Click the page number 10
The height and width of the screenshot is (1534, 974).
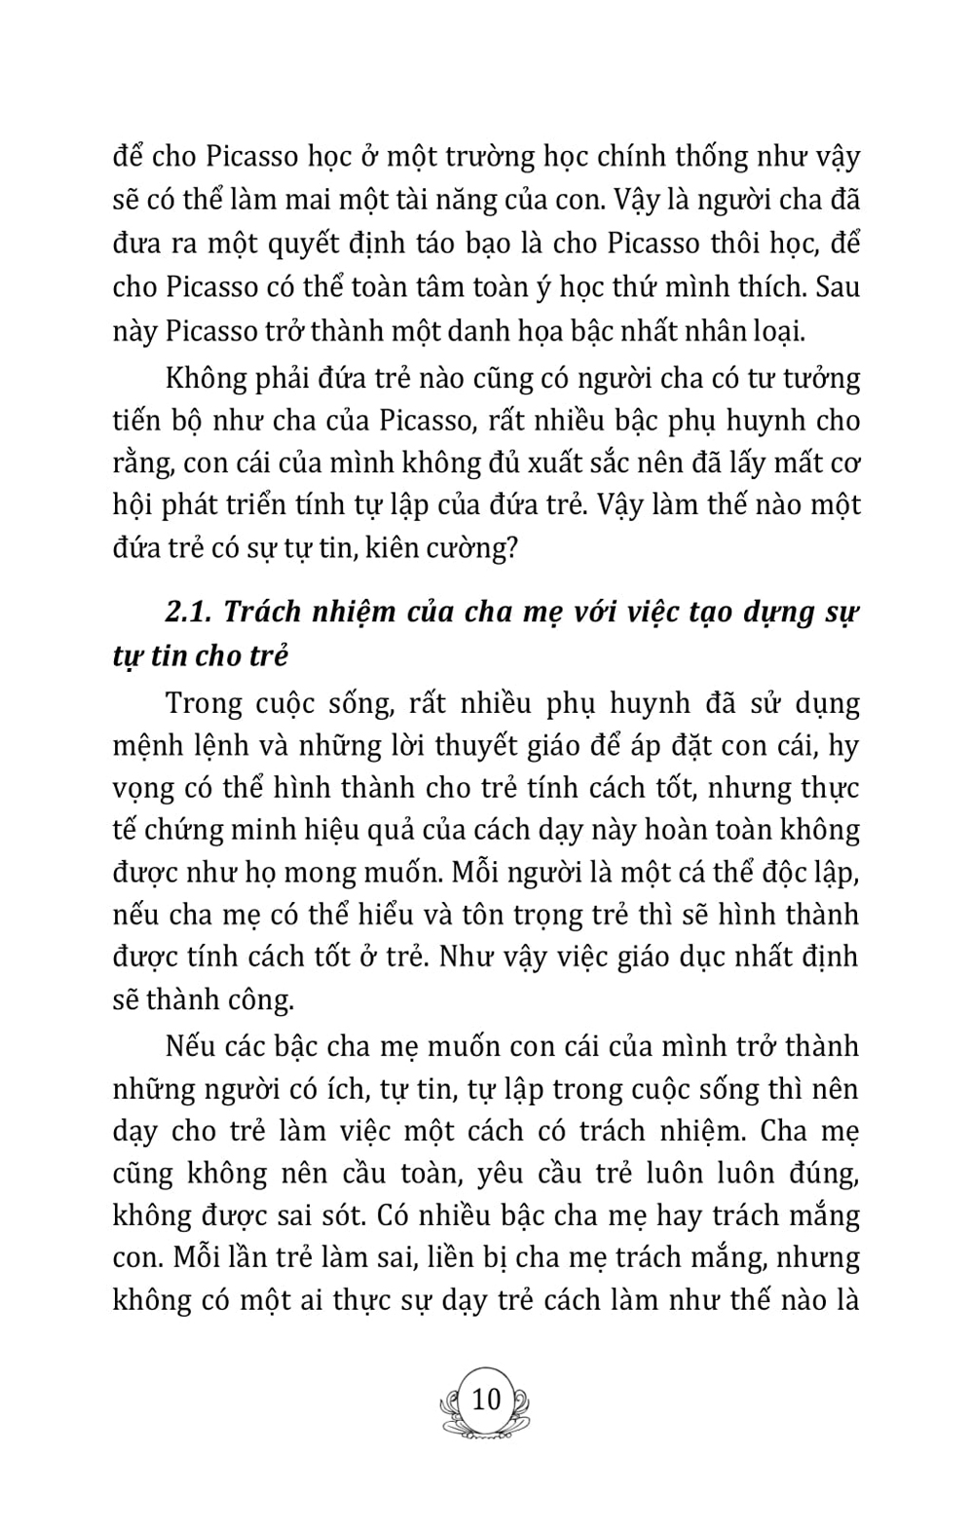[x=485, y=1401]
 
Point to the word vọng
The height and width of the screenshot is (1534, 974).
[x=144, y=789]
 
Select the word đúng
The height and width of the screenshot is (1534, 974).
[x=826, y=1174]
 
